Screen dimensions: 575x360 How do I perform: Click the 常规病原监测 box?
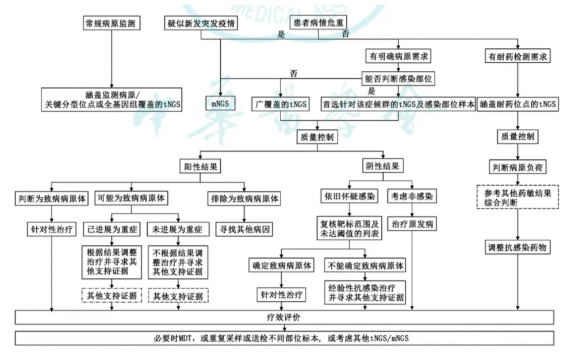click(111, 24)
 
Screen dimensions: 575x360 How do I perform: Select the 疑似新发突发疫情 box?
click(201, 24)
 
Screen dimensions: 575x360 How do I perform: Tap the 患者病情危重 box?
click(318, 23)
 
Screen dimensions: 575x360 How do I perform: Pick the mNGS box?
click(220, 104)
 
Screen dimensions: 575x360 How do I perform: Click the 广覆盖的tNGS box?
click(281, 104)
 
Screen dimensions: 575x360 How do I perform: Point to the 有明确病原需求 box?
click(398, 56)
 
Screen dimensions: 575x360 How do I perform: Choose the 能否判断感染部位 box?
click(398, 78)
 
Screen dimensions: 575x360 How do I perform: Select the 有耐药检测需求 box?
click(517, 56)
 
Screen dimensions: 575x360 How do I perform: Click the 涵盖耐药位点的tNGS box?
click(517, 104)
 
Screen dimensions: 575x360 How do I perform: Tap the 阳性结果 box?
click(200, 166)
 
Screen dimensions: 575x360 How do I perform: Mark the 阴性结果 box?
click(382, 166)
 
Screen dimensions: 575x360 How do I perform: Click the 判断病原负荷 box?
click(517, 167)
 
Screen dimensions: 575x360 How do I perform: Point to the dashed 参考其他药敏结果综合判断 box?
click(517, 197)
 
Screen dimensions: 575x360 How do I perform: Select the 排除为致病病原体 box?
click(244, 199)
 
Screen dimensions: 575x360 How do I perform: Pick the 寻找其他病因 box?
click(244, 229)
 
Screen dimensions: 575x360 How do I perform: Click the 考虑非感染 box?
click(412, 196)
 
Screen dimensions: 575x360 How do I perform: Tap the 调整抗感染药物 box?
click(517, 247)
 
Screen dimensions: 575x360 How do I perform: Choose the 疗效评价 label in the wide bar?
click(283, 317)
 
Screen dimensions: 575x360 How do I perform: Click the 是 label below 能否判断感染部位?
click(372, 91)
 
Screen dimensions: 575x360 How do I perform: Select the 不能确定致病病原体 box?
click(365, 266)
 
